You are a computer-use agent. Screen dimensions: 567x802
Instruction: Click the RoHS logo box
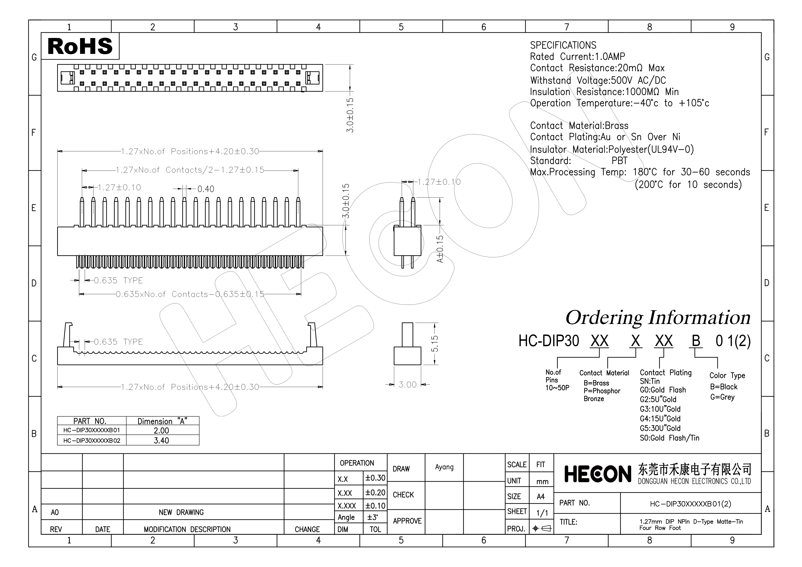click(x=80, y=46)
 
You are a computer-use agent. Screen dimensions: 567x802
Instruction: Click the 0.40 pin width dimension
click(x=206, y=189)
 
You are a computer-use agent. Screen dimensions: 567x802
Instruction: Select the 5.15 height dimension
click(x=435, y=344)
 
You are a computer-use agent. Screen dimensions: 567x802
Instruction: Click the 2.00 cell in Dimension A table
click(x=161, y=431)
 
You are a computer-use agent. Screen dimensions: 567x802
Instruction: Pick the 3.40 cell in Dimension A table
click(x=161, y=440)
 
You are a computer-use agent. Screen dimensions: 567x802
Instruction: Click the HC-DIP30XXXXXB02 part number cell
click(x=91, y=441)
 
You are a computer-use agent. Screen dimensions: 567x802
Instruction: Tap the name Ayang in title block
click(x=444, y=467)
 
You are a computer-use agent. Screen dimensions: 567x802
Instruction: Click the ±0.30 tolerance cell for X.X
click(x=375, y=478)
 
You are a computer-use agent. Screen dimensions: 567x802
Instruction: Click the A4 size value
click(x=540, y=497)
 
